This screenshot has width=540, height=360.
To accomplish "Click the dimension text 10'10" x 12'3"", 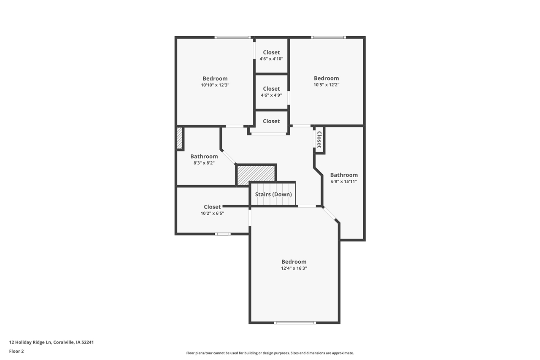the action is (215, 85).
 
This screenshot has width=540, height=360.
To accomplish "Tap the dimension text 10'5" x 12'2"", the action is (327, 85).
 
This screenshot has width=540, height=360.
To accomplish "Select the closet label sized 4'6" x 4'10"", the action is (271, 52).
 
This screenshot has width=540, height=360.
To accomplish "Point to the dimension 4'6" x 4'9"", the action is (271, 95).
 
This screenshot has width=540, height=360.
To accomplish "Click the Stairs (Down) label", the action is (273, 194).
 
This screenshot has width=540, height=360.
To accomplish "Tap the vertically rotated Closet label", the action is (319, 140).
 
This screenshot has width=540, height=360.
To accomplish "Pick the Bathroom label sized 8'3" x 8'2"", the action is (204, 156).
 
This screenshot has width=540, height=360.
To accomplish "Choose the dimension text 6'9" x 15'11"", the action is (344, 181).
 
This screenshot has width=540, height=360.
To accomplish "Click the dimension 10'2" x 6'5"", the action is (212, 213).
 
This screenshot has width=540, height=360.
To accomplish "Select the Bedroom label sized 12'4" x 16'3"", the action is (294, 262).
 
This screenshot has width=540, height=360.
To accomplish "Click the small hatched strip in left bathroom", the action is (180, 138).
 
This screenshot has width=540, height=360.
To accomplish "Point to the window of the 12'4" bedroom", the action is (295, 322).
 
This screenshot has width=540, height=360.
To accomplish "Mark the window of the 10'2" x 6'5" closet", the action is (223, 234).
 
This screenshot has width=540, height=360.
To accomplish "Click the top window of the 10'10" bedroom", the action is (232, 38).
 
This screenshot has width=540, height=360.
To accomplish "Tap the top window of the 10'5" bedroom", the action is (329, 38).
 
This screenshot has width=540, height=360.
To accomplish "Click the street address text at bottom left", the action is (51, 342).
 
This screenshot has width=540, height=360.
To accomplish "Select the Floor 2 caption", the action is (16, 351).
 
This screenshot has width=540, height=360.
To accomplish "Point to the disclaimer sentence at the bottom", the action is (270, 353).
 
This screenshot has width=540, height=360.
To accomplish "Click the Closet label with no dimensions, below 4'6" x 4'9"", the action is (271, 121).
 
